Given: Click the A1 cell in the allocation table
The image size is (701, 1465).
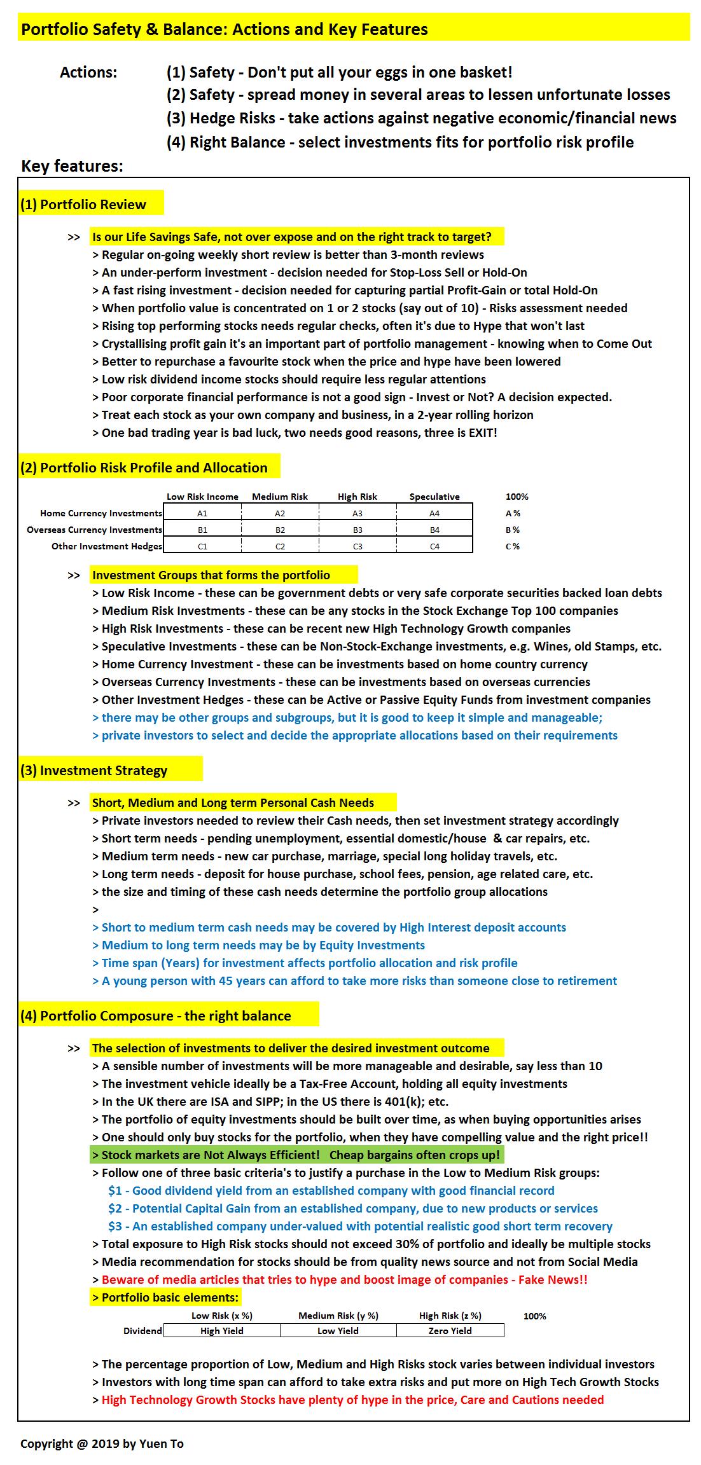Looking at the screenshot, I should (202, 513).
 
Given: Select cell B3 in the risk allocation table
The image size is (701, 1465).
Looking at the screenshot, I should (357, 530).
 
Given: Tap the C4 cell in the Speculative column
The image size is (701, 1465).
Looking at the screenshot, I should (434, 546).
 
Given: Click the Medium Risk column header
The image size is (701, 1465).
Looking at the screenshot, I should (280, 497).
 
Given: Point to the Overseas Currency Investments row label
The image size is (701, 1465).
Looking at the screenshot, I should (94, 530).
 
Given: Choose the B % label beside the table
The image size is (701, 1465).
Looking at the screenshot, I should (512, 530).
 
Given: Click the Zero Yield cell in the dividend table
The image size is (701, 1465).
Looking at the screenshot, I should (450, 1330).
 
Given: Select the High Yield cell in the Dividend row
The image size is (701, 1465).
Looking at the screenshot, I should (221, 1330).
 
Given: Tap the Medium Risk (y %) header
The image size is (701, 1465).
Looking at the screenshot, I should (338, 1316).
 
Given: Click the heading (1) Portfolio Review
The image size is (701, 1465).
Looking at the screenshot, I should (83, 204).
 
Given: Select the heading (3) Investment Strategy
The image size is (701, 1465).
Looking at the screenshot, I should (94, 770).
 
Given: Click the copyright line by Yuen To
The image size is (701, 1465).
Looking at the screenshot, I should (102, 1443).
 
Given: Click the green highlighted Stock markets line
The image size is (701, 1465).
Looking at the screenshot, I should (296, 1155).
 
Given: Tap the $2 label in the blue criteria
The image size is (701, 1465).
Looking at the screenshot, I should (115, 1208).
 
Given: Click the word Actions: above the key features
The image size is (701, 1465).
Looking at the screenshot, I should (88, 72).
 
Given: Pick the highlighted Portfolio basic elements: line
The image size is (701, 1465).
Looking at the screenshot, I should (165, 1297).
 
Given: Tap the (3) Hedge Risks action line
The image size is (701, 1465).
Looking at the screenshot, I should (421, 118).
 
